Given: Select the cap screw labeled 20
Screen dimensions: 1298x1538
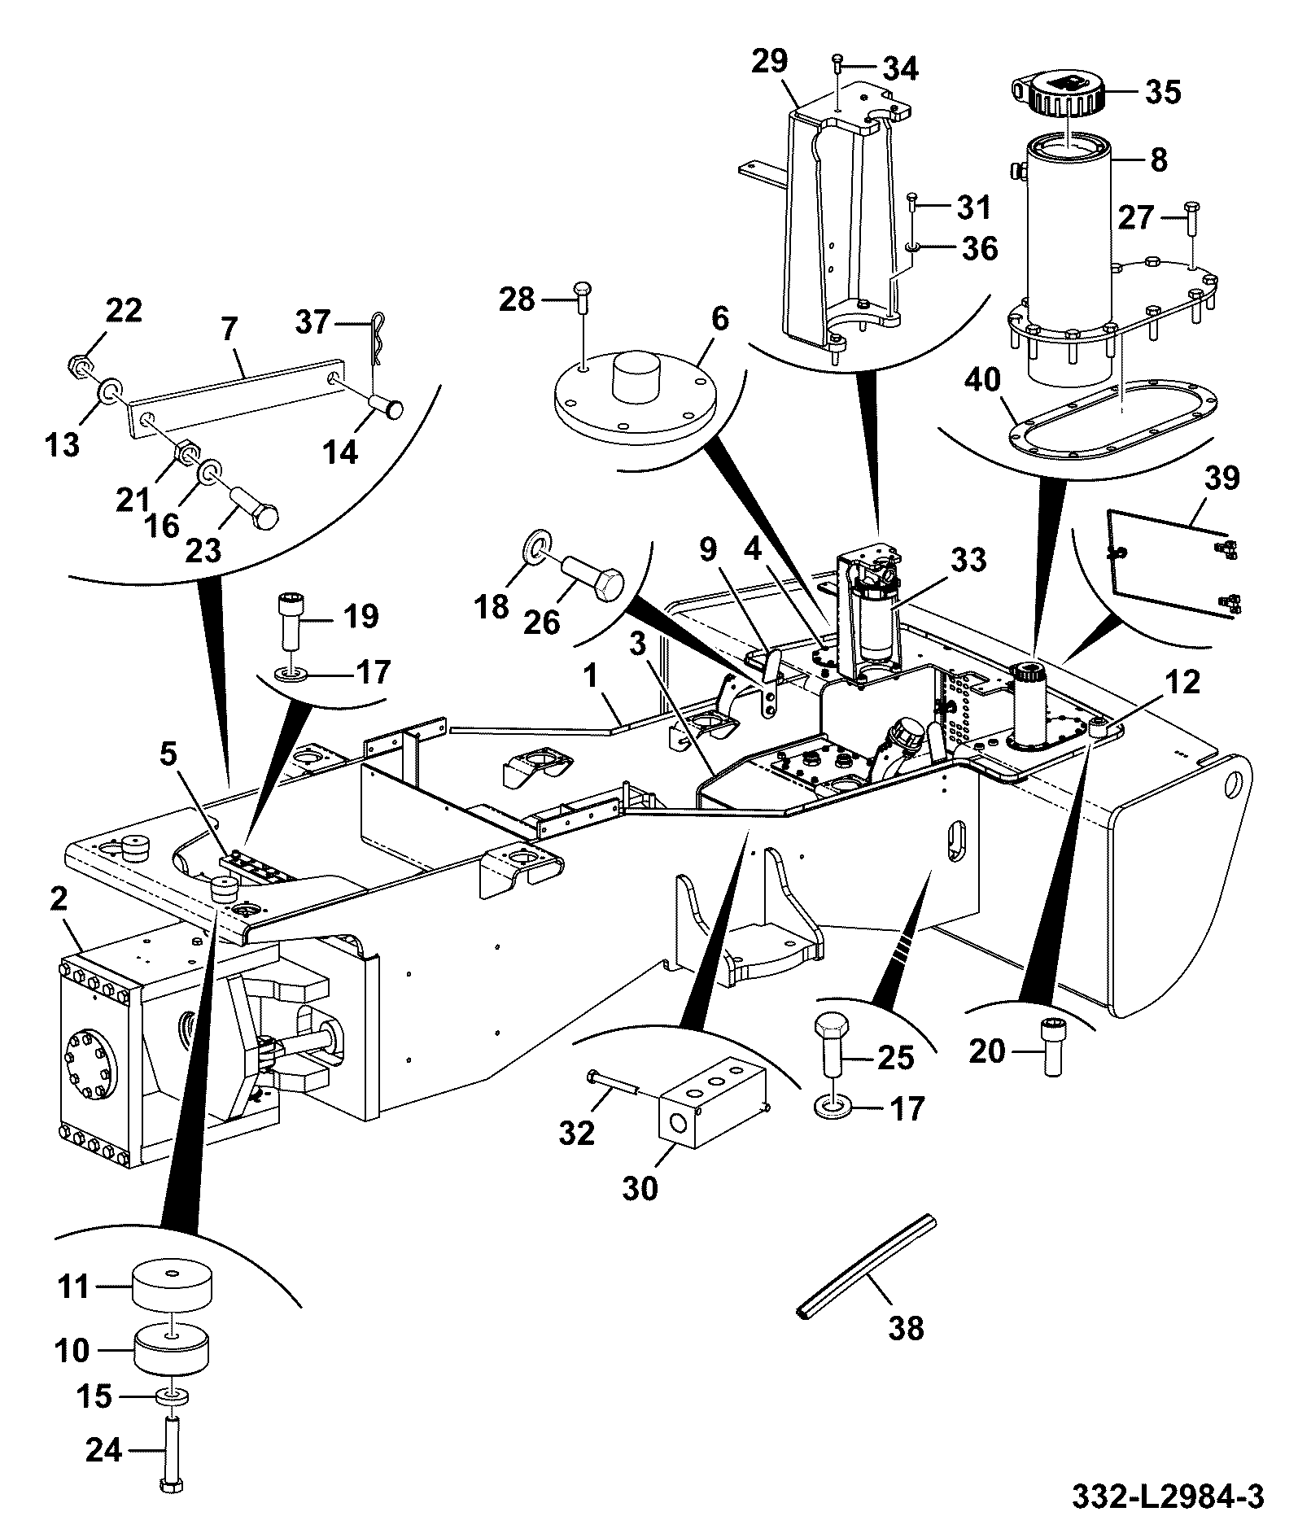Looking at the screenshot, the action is click(x=1051, y=1049).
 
